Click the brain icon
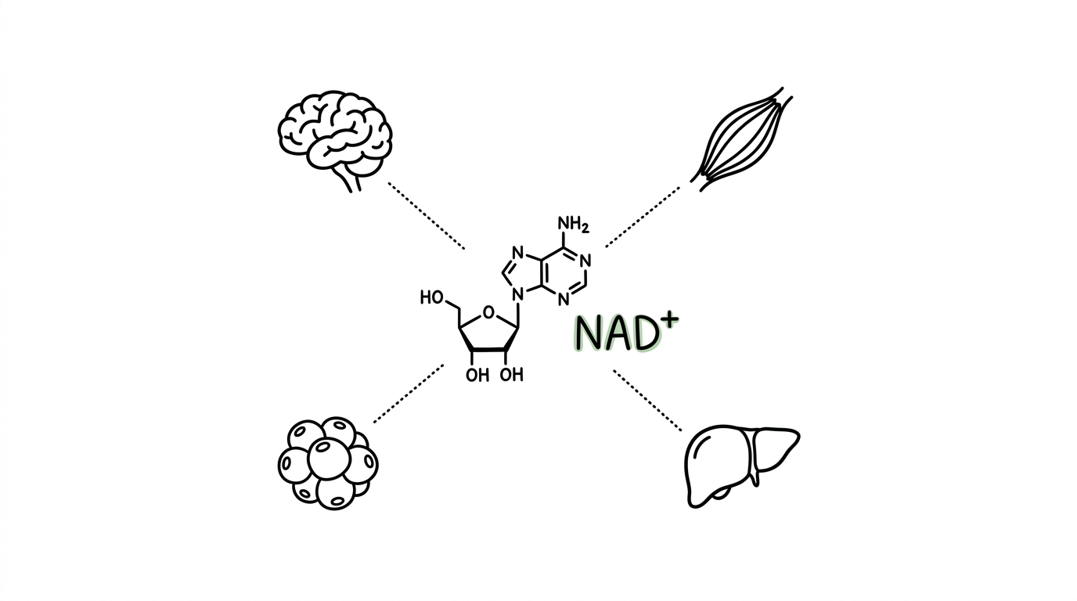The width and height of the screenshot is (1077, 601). (x=335, y=135)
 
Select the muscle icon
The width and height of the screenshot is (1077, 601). (x=741, y=139)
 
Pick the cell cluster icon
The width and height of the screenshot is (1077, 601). (x=328, y=463)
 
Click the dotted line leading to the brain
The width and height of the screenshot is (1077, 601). (x=427, y=216)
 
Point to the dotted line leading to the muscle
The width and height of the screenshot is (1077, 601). (x=643, y=217)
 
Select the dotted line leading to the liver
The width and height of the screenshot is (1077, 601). (x=647, y=400)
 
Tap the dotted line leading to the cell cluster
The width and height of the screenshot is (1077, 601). (x=409, y=394)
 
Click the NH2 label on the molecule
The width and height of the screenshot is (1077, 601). (x=573, y=224)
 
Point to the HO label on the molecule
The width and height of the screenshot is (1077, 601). (x=431, y=297)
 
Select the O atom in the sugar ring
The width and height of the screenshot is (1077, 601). (x=488, y=312)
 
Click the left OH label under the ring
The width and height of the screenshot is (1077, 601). (x=477, y=375)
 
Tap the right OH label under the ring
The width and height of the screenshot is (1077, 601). (x=511, y=374)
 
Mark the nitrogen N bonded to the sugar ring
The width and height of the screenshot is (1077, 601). (x=517, y=294)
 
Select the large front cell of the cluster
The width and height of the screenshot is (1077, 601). (x=329, y=459)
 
